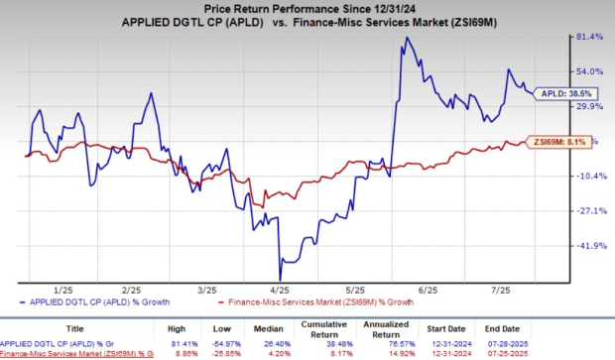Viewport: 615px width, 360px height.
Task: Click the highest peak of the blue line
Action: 406,39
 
